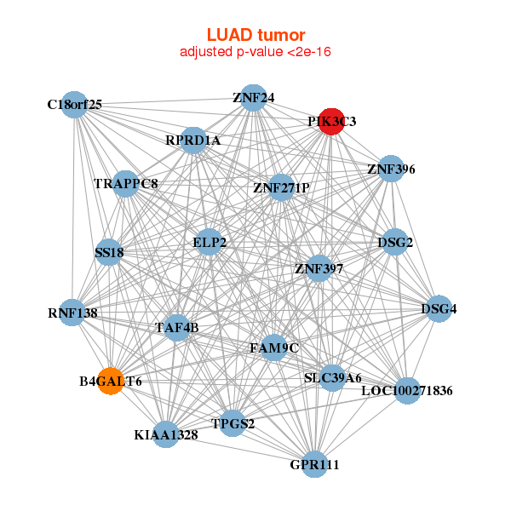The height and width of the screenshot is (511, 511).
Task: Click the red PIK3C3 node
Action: (330, 121)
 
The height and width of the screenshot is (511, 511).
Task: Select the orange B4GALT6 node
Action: (110, 380)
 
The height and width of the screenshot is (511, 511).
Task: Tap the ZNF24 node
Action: (252, 97)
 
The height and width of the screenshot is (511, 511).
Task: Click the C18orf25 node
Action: (75, 104)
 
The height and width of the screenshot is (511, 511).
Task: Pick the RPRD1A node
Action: (193, 140)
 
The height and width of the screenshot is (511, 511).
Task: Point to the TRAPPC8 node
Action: (125, 183)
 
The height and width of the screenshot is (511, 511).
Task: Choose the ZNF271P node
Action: (281, 187)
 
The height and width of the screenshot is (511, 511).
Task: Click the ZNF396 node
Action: (390, 168)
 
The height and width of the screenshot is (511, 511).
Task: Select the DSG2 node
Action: (394, 242)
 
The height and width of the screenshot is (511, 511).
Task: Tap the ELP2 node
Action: (210, 242)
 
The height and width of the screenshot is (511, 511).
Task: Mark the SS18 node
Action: (109, 252)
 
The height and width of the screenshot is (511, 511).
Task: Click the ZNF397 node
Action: (319, 268)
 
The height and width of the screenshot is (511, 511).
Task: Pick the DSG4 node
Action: (439, 308)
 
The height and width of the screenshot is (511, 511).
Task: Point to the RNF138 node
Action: (73, 313)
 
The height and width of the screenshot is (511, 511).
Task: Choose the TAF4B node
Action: (176, 326)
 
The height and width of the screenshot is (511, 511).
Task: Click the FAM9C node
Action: (273, 347)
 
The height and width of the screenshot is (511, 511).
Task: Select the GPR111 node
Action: (315, 463)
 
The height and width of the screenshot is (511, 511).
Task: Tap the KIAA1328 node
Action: (166, 433)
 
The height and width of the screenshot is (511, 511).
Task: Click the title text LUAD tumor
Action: (255, 35)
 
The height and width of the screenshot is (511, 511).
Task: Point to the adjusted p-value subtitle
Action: (255, 52)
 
